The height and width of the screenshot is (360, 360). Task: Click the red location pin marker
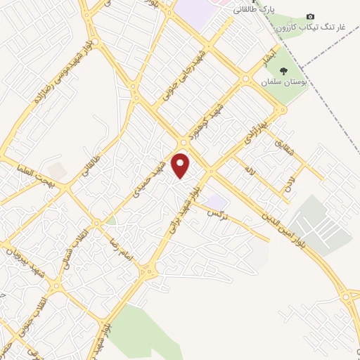tap(181, 165)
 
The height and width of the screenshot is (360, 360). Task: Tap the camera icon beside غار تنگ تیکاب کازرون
tap(311, 17)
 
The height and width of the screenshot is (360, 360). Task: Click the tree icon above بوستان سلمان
tap(284, 71)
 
